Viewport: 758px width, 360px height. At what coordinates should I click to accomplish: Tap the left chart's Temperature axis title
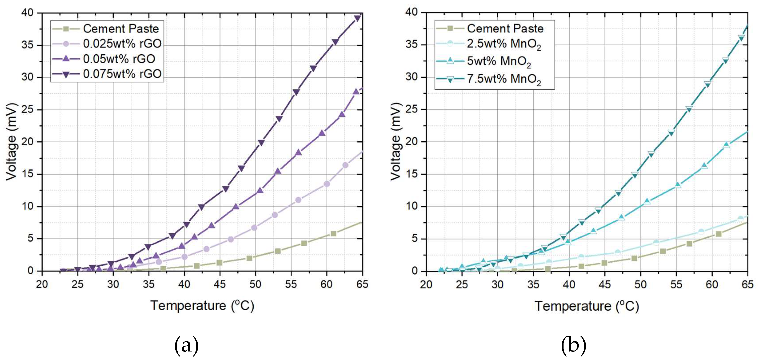[x=202, y=306]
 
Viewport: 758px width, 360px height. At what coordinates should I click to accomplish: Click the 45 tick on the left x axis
[x=220, y=284]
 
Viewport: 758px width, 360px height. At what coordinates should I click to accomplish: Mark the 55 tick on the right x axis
[x=676, y=284]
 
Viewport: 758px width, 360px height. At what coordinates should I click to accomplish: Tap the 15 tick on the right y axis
[x=412, y=174]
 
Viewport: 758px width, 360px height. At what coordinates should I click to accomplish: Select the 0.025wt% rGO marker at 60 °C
[x=327, y=184]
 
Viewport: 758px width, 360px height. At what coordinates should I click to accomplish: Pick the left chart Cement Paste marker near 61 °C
[x=333, y=234]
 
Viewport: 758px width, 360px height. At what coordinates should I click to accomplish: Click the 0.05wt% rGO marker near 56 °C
[x=298, y=152]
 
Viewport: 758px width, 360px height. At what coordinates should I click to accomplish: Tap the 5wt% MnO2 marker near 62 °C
[x=726, y=145]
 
